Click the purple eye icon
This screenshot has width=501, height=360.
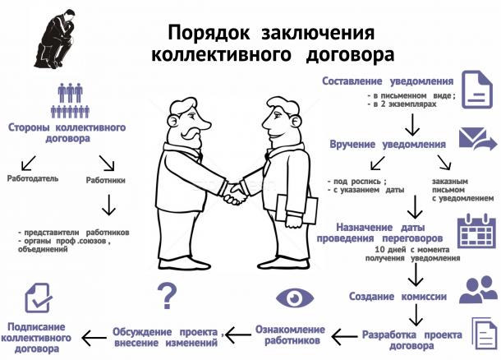coord(295,298)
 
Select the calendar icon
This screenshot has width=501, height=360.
coord(476,231)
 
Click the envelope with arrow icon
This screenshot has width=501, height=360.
coord(478,139)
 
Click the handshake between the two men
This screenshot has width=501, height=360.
coord(236,194)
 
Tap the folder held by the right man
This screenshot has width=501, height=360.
coord(296,209)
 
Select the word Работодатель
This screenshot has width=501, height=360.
coord(33,178)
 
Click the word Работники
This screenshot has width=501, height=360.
coord(105,180)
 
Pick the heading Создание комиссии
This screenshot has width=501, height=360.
coord(398,297)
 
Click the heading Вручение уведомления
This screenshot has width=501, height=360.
coord(388,144)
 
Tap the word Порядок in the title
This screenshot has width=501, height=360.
coord(209,33)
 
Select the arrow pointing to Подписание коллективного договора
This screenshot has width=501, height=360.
coord(94,338)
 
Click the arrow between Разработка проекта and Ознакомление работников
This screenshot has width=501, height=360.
coord(344,336)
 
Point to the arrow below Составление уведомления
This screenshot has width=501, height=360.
coord(412,125)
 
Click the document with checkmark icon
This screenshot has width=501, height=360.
coord(38,298)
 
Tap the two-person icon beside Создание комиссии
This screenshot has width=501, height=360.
coord(478,289)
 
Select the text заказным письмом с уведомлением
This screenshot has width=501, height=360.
coord(462,190)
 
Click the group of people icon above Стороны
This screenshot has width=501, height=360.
coord(70,100)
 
